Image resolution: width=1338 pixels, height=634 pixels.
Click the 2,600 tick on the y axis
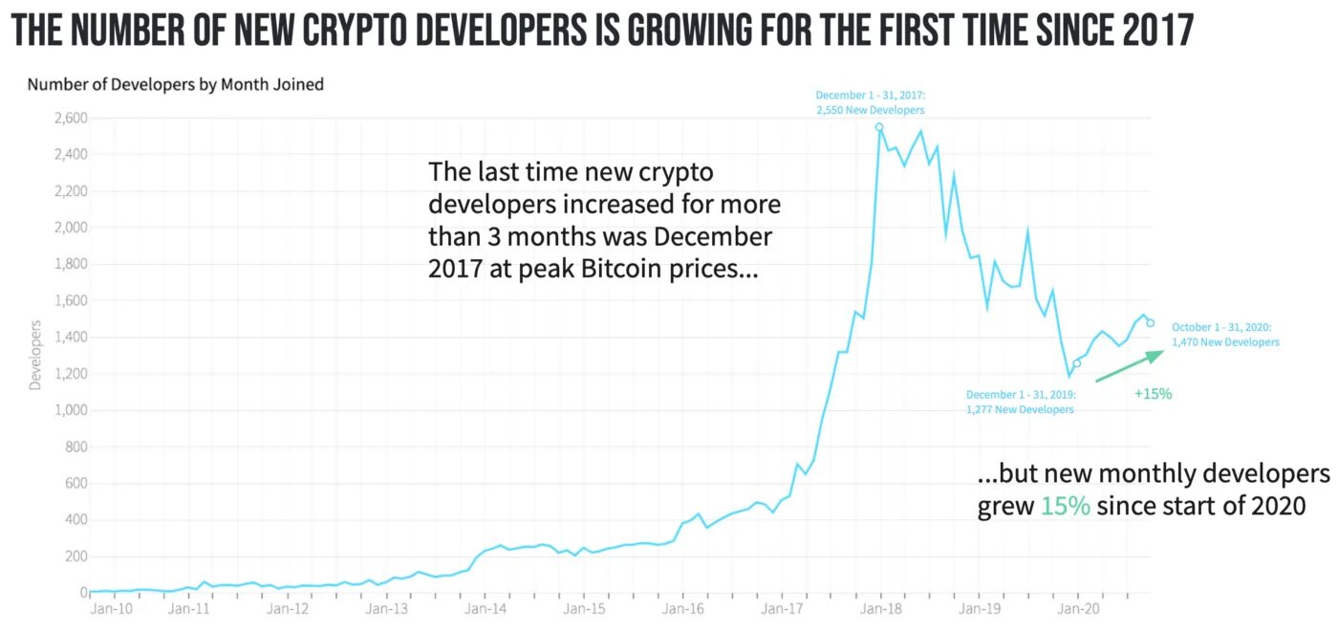(69, 119)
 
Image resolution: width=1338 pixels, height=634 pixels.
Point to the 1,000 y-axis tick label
(69, 410)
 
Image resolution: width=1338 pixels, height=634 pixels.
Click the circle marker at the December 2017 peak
(879, 127)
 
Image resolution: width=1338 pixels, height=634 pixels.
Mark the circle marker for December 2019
(1076, 363)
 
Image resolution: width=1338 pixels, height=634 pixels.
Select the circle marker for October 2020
(1151, 323)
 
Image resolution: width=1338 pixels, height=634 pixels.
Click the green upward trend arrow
(1129, 366)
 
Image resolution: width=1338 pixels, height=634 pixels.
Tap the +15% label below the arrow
(1153, 393)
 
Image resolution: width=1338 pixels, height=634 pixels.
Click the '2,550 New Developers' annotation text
(870, 110)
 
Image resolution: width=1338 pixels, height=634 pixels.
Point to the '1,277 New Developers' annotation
(1020, 409)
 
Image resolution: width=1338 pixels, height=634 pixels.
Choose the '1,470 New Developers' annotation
(1225, 341)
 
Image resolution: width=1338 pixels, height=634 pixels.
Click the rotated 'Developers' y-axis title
(36, 359)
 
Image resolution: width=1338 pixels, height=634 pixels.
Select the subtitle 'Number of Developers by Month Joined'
(176, 84)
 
